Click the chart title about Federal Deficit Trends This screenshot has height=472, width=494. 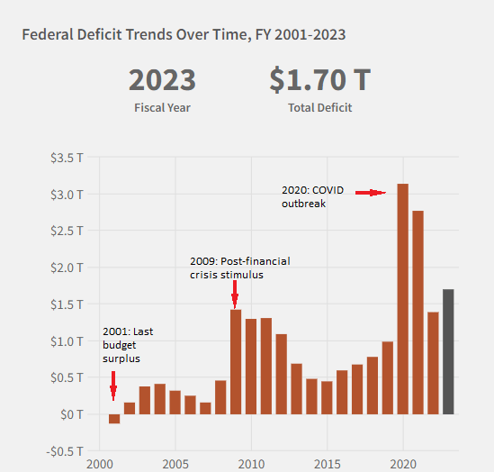pos(183,35)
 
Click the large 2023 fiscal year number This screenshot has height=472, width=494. pos(162,81)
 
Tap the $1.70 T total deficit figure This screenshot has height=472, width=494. pos(319,81)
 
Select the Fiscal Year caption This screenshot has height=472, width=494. pos(162,107)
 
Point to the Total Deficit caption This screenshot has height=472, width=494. pos(319,107)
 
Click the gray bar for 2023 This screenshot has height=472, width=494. pos(448,351)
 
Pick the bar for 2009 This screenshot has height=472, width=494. pos(236,360)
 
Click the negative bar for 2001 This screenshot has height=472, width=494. pos(114,418)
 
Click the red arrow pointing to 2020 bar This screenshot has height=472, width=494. pos(370,192)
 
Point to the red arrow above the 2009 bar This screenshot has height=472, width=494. pos(235,294)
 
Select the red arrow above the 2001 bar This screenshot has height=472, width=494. pos(113,391)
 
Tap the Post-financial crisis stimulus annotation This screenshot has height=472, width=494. pos(239,268)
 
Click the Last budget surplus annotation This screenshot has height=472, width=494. pos(126,345)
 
